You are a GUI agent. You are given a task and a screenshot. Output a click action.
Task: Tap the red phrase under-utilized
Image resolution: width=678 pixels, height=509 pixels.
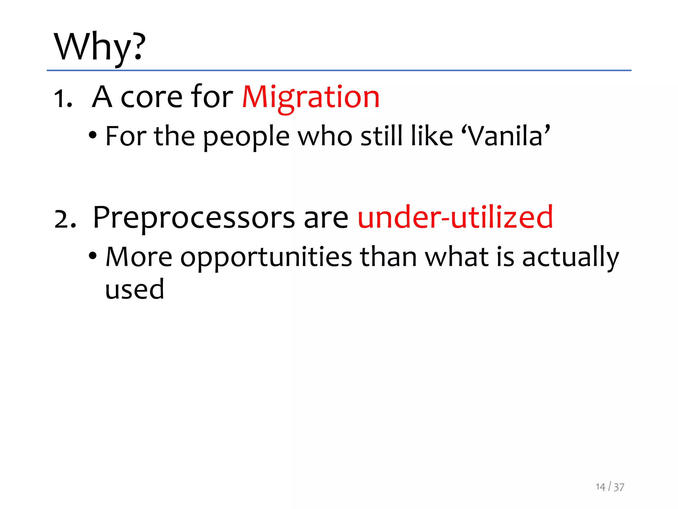pyautogui.click(x=455, y=217)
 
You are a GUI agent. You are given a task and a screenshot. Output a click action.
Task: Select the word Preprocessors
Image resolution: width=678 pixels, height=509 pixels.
pyautogui.click(x=194, y=218)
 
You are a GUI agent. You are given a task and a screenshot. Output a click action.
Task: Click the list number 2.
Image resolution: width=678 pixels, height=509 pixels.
pyautogui.click(x=65, y=219)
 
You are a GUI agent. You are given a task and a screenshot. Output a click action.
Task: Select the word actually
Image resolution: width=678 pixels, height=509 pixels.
pyautogui.click(x=570, y=257)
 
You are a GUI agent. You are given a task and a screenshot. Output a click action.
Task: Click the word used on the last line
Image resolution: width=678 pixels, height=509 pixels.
pyautogui.click(x=134, y=289)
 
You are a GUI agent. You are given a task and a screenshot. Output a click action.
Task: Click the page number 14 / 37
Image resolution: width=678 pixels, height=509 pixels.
pyautogui.click(x=610, y=487)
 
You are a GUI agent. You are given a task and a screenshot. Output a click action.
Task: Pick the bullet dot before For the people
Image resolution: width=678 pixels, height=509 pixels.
pyautogui.click(x=93, y=135)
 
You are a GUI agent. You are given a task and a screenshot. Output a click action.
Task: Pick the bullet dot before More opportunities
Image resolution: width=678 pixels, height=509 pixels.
pyautogui.click(x=93, y=256)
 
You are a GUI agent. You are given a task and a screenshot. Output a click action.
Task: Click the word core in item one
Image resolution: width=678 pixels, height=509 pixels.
pyautogui.click(x=151, y=98)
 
